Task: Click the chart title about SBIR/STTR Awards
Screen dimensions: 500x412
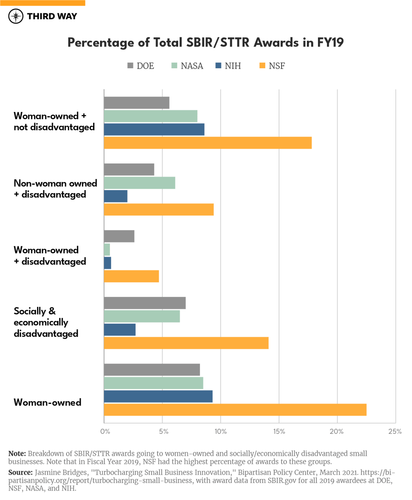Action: pos(206,43)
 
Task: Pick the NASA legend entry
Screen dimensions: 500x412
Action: pos(187,66)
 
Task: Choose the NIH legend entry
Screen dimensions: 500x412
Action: pos(228,66)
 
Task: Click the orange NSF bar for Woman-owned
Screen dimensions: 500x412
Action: pos(235,410)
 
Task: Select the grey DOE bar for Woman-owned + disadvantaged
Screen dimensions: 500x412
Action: pos(119,236)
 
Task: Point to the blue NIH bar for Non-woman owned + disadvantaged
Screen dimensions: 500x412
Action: pos(115,196)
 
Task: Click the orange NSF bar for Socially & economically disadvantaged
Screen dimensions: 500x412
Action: pos(186,343)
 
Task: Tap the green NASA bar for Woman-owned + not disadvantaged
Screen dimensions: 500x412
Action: pos(151,116)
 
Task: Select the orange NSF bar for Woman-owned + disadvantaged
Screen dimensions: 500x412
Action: pos(131,276)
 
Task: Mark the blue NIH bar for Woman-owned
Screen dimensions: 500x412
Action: pos(158,397)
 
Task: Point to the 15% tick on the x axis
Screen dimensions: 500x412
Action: pos(279,431)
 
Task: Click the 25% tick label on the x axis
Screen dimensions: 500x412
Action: pos(395,431)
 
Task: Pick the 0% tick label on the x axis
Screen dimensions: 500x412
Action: pos(105,431)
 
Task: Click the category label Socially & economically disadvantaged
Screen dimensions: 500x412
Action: pos(46,322)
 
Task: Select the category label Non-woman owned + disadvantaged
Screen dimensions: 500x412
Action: pos(55,189)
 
